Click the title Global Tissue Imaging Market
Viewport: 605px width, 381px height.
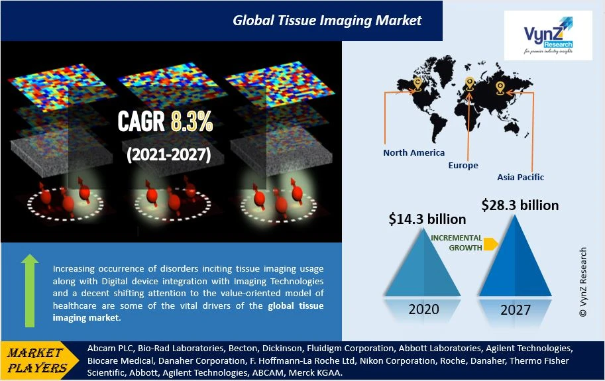pos(327,21)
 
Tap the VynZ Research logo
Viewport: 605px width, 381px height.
pos(548,35)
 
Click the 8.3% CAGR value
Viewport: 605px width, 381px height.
pos(192,121)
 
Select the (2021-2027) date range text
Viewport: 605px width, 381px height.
pos(168,154)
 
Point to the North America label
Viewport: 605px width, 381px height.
pos(413,152)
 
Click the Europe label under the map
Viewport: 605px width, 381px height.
pos(463,166)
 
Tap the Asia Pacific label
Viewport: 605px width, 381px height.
pos(520,178)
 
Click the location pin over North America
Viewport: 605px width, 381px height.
pos(417,84)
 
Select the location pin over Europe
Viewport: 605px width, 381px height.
pos(469,83)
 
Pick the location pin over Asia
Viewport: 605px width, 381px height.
pos(500,88)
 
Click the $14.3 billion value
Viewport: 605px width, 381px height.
pos(427,219)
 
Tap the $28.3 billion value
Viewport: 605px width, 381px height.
pos(520,205)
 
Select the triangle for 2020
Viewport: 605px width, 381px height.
pos(423,263)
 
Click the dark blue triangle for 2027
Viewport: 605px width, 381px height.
pos(515,256)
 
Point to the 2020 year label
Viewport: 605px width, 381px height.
pos(423,309)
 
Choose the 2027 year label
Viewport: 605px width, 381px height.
pos(516,309)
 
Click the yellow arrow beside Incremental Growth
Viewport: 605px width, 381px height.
pos(490,244)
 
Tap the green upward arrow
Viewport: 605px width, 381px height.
pos(30,291)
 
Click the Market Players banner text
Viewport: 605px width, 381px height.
pos(36,360)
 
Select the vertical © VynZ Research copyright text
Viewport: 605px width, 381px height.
pos(582,282)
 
